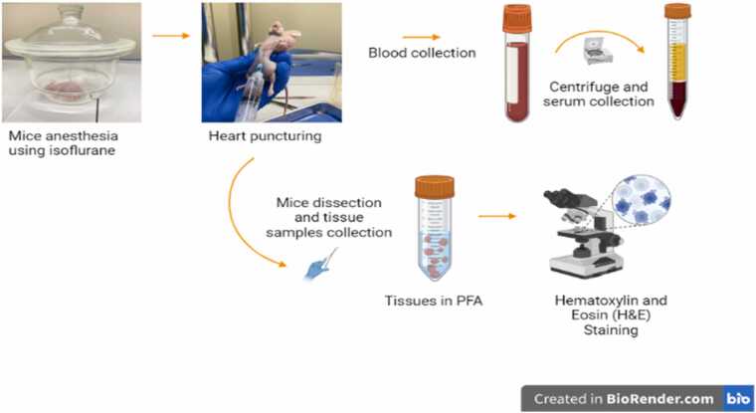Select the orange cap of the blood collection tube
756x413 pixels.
pos(516,19)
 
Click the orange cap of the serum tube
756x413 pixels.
pos(677,11)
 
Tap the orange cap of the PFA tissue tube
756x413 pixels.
pos(434,185)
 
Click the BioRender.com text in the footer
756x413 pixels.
pos(660,398)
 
